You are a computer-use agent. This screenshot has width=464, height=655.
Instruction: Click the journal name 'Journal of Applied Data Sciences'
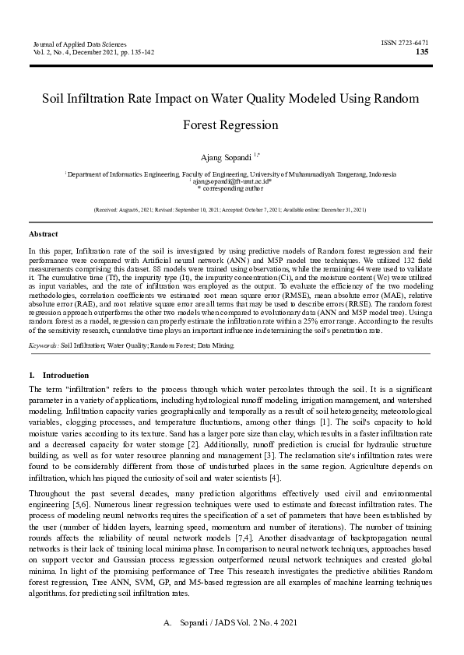point(79,44)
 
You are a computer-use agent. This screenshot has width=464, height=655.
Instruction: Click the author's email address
point(230,182)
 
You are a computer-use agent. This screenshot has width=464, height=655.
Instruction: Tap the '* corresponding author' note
point(230,189)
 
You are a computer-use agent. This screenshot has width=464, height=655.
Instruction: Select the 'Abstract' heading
point(42,233)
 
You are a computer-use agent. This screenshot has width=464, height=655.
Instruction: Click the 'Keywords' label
point(44,343)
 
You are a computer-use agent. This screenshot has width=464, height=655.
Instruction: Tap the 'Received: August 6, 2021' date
point(124,211)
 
